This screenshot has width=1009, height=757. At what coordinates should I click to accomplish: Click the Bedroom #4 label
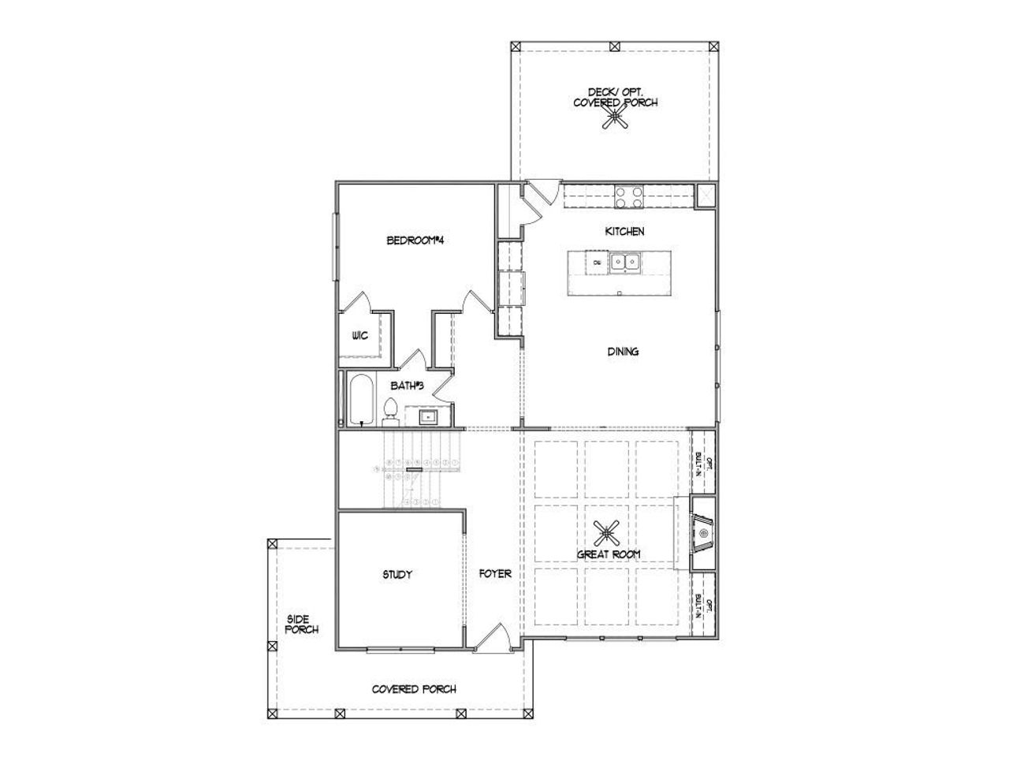click(x=416, y=241)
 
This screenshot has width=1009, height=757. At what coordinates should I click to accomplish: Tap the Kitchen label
click(x=624, y=231)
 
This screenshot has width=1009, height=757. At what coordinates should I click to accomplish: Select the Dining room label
click(x=623, y=352)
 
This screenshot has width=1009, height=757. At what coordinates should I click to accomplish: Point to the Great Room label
click(x=608, y=554)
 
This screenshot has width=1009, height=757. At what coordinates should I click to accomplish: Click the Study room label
click(x=397, y=575)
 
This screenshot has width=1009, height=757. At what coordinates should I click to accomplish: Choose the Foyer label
click(x=495, y=574)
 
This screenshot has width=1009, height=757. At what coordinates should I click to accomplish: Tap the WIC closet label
click(x=359, y=336)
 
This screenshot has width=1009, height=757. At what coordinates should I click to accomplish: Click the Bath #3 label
click(x=408, y=386)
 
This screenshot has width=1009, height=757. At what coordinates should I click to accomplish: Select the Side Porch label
click(x=302, y=625)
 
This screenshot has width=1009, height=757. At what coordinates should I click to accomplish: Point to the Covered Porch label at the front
click(x=414, y=689)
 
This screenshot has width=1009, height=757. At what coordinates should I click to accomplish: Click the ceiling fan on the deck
click(x=615, y=117)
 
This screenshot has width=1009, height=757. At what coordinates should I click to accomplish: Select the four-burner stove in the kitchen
click(x=628, y=196)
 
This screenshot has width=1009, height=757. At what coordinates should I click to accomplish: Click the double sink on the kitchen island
click(x=627, y=262)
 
